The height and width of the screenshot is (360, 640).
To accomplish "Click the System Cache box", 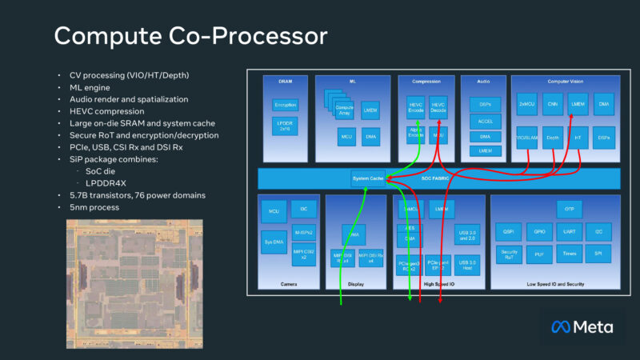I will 367,178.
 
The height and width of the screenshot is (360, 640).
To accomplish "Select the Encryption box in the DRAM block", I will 285,105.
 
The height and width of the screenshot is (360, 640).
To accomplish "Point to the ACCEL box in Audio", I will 485,120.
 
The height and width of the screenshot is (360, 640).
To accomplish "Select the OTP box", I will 569,208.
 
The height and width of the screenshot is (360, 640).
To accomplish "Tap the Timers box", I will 569,255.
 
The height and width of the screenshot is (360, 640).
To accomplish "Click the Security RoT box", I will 511,255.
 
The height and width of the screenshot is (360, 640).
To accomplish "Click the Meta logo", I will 582,327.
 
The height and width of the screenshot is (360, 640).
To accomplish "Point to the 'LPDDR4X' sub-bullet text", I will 102,182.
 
